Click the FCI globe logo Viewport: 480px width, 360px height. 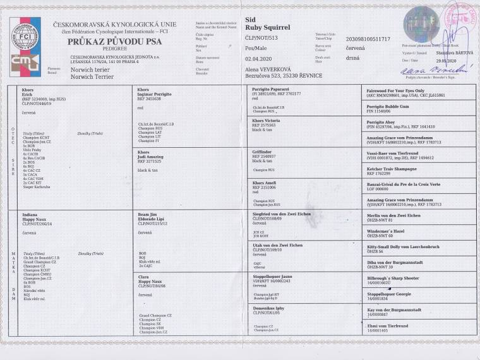(25, 34)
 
